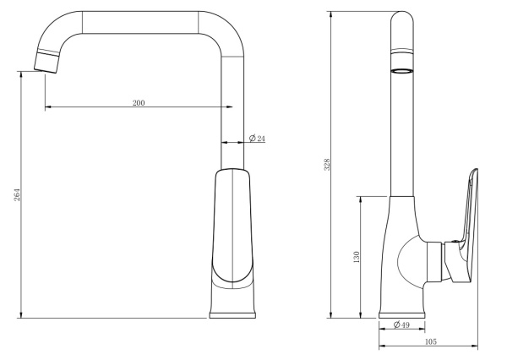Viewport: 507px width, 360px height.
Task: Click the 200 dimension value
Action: pyautogui.click(x=139, y=102)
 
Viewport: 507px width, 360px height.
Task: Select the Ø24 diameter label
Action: pyautogui.click(x=257, y=137)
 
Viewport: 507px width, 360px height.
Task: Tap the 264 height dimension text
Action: pyautogui.click(x=16, y=195)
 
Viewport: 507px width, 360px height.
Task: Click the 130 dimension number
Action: pyautogui.click(x=357, y=256)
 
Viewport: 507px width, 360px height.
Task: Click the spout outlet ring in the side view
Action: pyautogui.click(x=401, y=71)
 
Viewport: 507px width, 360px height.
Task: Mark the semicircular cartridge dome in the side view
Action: pyautogui.click(x=413, y=259)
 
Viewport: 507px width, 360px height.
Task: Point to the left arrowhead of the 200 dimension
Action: pyautogui.click(x=47, y=107)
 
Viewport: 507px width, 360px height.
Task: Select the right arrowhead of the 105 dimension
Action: pyautogui.click(x=475, y=346)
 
